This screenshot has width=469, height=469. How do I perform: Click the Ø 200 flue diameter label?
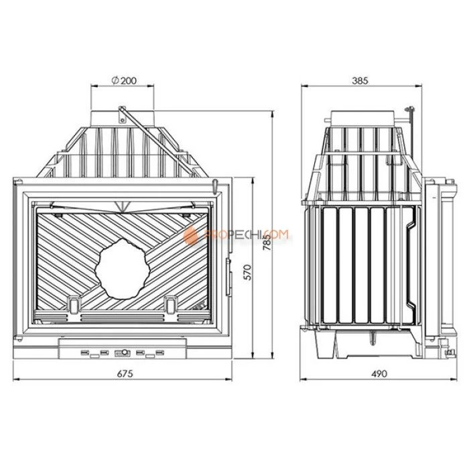coord(125,80)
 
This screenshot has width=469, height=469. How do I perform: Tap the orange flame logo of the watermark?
coord(192,234)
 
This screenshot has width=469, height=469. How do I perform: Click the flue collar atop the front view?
coord(125,115)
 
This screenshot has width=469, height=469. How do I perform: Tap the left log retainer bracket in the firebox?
coord(72,303)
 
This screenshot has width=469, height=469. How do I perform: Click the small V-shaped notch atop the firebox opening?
coord(121,204)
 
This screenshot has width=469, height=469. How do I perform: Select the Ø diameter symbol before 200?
coord(115,80)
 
